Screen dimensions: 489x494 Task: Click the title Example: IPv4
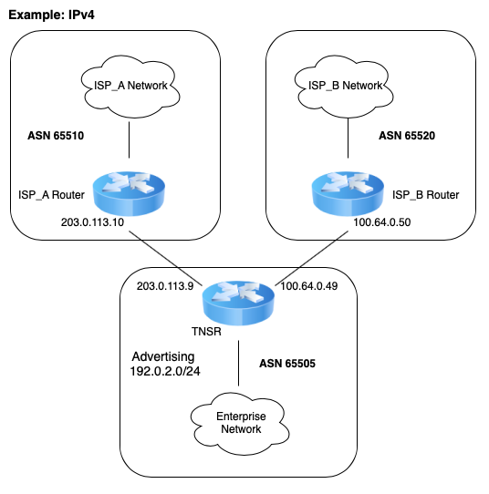point(51,15)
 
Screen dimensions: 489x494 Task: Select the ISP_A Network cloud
point(130,87)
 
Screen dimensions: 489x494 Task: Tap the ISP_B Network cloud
point(344,87)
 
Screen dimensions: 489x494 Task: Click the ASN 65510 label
point(56,136)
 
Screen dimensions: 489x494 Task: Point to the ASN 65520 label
point(407,136)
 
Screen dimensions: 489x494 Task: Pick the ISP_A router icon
point(129,193)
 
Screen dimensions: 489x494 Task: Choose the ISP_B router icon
point(348,193)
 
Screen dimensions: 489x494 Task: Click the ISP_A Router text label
point(51,195)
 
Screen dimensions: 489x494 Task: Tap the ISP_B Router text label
point(426,195)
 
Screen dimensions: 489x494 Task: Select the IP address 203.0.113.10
point(92,222)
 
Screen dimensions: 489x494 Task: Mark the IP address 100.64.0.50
point(382,222)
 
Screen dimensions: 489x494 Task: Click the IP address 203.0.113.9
point(165,286)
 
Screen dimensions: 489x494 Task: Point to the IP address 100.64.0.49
point(309,286)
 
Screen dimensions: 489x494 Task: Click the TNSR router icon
point(238,303)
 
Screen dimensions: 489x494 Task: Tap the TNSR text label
point(206,332)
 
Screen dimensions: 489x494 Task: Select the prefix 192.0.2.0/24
point(165,371)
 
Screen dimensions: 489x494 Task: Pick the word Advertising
point(163,357)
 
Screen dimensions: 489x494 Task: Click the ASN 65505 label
point(287,364)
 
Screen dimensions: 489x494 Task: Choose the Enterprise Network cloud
point(240,423)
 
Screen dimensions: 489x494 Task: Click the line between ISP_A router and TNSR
point(165,258)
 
